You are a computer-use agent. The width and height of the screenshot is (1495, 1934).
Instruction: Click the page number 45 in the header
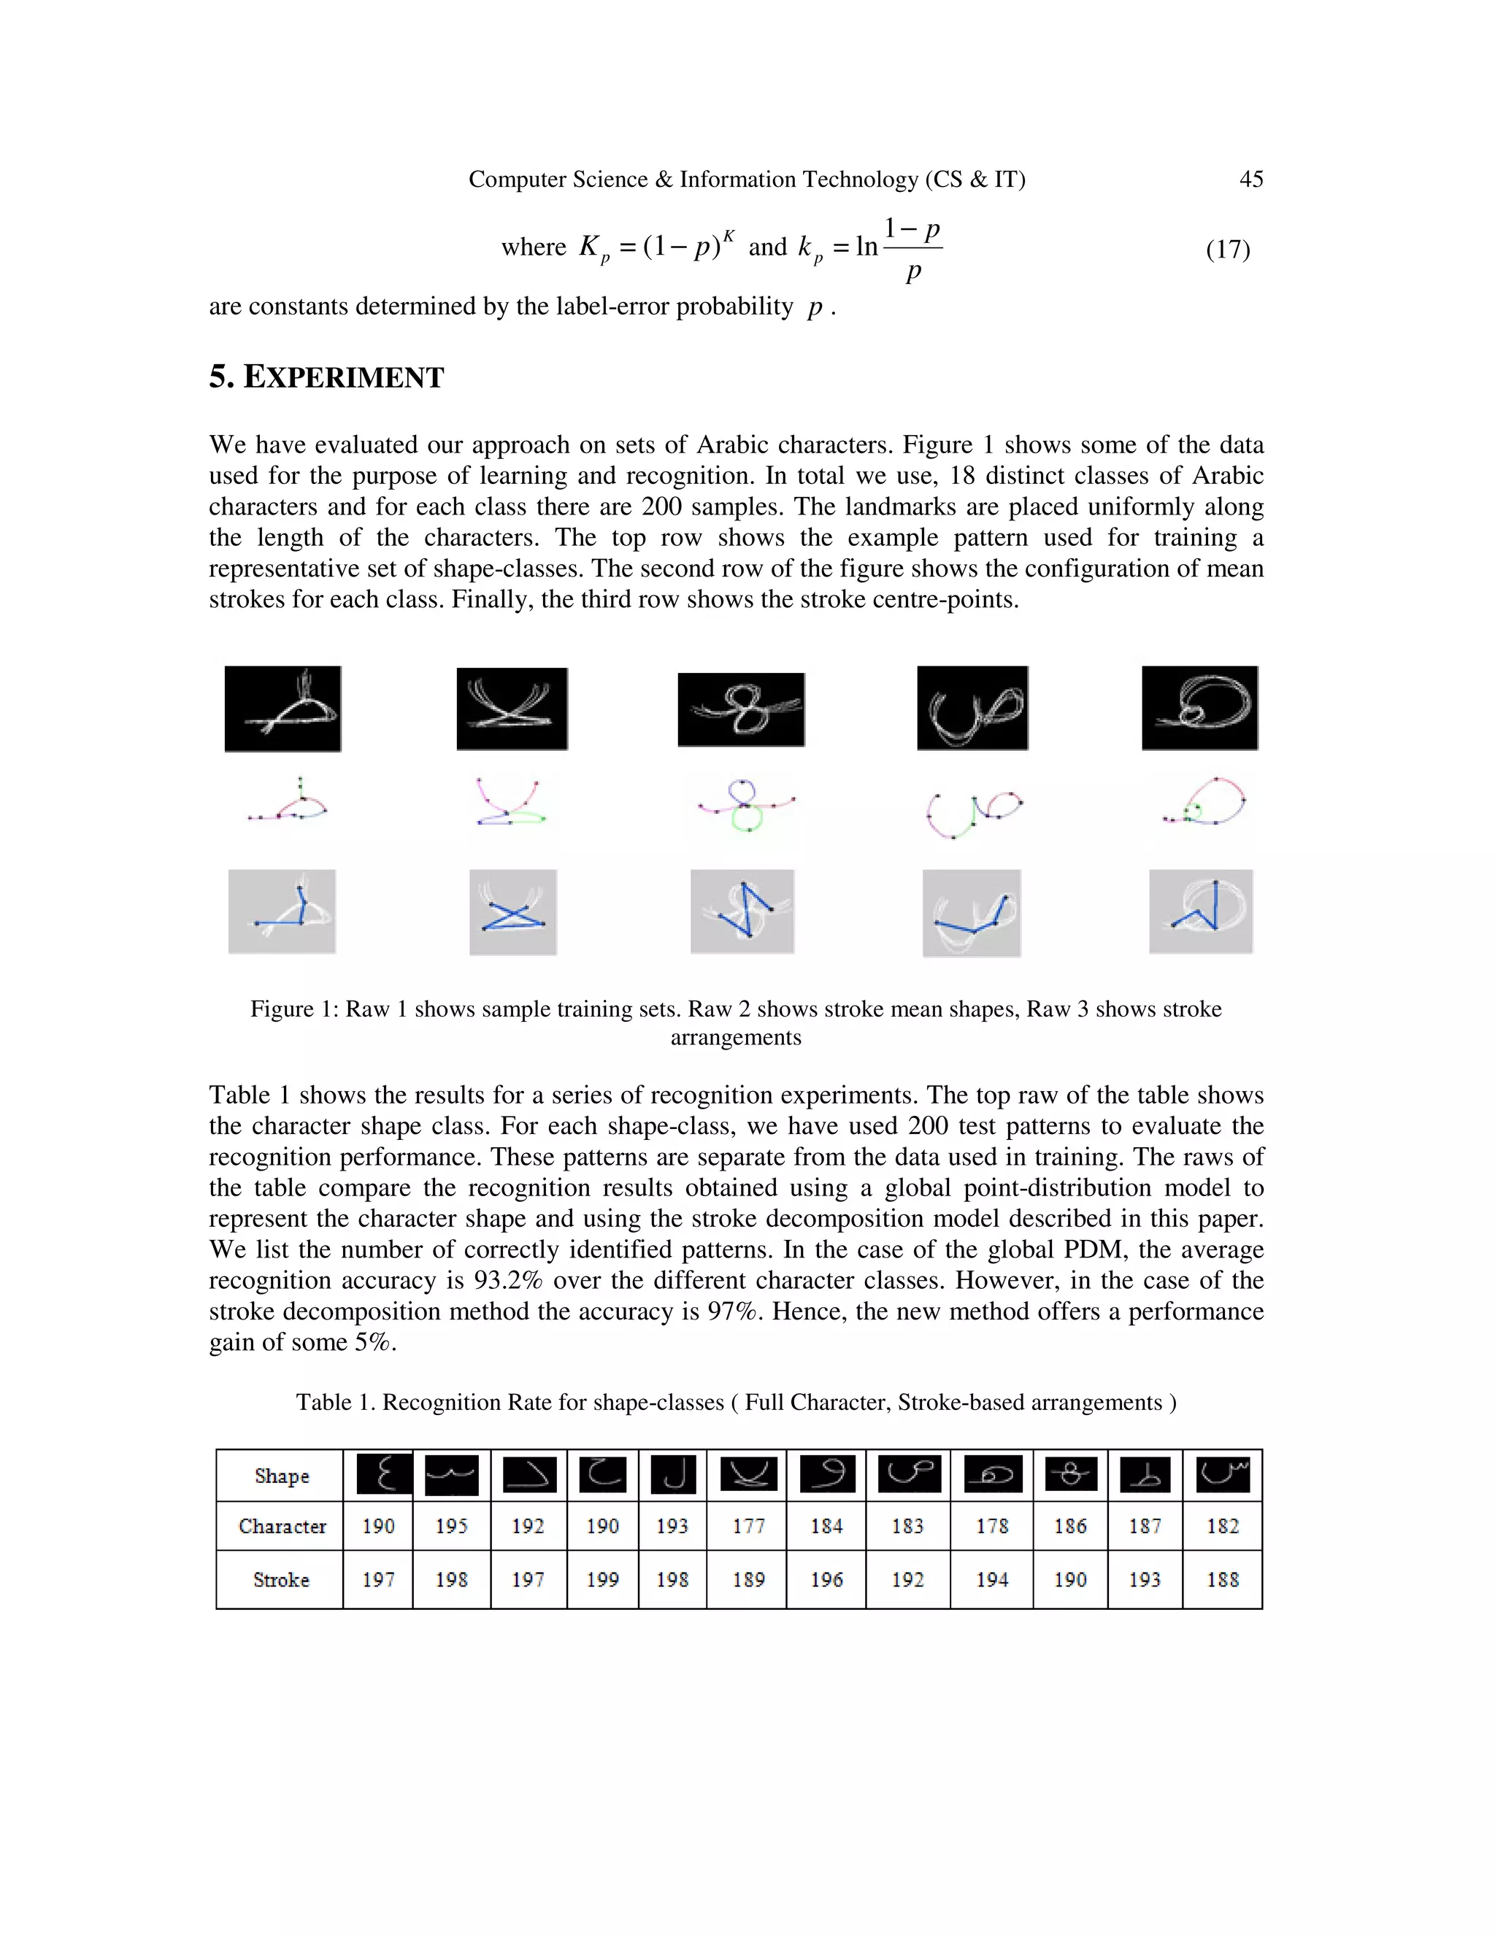[x=1250, y=179]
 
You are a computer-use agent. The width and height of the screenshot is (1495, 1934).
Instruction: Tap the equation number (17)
[x=1228, y=250]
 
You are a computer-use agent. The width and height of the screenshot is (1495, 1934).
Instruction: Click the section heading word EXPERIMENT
[x=343, y=377]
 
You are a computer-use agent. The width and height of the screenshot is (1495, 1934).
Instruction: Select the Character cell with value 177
[x=748, y=1526]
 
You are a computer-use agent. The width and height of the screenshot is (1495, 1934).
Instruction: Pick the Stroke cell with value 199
[x=602, y=1580]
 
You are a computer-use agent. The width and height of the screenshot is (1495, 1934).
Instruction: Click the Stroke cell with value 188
[x=1222, y=1580]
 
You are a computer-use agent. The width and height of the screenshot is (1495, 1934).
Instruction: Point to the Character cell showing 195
[x=452, y=1526]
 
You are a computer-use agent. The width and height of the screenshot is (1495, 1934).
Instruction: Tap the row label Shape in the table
[x=282, y=1476]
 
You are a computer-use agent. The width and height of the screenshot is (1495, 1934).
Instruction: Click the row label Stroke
[x=282, y=1580]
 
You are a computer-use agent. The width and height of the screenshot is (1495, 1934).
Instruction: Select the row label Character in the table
[x=282, y=1526]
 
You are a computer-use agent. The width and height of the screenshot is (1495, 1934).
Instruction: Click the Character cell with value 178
[x=992, y=1526]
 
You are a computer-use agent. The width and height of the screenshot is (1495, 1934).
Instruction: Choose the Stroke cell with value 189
[x=748, y=1580]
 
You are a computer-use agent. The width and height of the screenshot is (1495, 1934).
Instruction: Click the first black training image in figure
[x=283, y=709]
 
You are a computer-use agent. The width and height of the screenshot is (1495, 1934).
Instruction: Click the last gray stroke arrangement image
[x=1200, y=912]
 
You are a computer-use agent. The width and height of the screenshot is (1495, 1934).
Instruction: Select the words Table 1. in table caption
[x=336, y=1403]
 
